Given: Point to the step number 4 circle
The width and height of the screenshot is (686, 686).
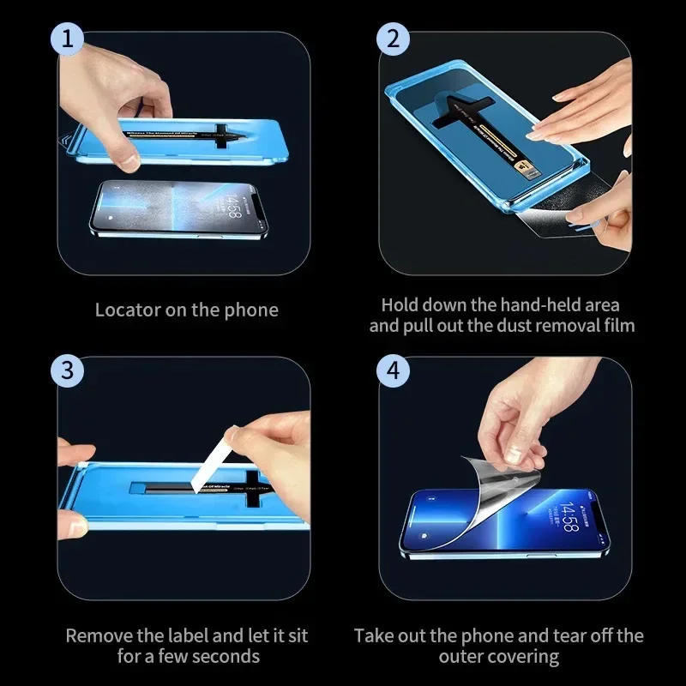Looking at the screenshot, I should [394, 370].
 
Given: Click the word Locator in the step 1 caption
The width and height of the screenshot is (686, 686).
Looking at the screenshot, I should [126, 310].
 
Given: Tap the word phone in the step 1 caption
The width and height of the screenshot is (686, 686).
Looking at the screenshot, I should [252, 310].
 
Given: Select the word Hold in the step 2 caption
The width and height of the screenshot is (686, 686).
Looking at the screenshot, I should [400, 304].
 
